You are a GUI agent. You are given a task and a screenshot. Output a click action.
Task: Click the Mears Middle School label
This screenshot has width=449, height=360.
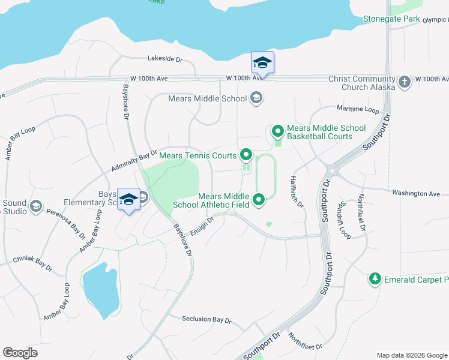[207, 98]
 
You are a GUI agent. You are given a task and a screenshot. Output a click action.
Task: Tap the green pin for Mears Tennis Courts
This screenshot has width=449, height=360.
[246, 156]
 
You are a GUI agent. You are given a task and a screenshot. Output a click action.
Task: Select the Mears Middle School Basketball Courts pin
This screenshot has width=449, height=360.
[278, 130]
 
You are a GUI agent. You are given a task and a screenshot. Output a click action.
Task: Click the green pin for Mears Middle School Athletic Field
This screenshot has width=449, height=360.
[259, 199]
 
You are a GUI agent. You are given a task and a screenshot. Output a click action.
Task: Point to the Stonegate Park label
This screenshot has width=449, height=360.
[391, 19]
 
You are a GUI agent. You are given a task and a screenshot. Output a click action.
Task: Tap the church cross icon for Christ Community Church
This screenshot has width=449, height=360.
[405, 82]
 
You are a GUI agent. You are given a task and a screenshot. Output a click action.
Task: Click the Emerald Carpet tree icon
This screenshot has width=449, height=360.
[375, 279]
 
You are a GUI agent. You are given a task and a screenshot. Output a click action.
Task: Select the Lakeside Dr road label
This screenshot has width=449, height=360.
[164, 59]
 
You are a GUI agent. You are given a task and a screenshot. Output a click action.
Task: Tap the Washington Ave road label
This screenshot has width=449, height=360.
[415, 194]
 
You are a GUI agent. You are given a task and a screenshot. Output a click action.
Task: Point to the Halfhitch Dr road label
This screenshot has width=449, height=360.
[297, 191]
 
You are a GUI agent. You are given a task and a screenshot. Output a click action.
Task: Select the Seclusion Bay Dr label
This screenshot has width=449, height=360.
[206, 320]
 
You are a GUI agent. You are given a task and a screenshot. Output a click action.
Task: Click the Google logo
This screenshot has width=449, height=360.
[20, 353]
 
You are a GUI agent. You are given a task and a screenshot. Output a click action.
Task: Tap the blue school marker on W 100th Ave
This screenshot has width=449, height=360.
[263, 62]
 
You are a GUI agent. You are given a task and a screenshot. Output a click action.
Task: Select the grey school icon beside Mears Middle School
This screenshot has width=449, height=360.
[256, 98]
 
